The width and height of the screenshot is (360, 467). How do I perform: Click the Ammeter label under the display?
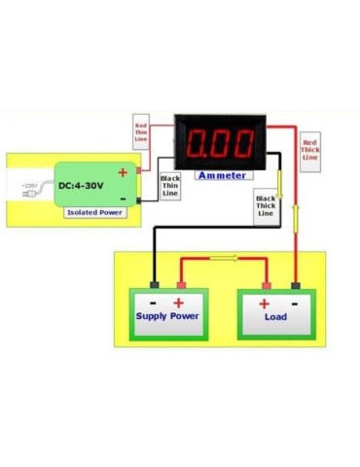tap(221, 175)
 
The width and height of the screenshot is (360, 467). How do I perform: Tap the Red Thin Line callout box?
tap(141, 130)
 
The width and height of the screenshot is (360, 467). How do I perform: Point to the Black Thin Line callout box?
tap(170, 186)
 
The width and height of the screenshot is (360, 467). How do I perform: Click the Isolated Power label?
tap(95, 212)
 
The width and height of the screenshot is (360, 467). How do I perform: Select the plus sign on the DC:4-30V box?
tap(123, 172)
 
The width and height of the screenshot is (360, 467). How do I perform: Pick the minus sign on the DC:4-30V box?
tap(124, 200)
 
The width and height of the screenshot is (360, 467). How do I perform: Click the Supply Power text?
tap(167, 316)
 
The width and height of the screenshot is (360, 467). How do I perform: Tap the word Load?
tap(275, 316)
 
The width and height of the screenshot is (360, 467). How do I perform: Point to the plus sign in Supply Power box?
tap(180, 301)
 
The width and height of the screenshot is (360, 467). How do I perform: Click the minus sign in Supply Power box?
tap(155, 301)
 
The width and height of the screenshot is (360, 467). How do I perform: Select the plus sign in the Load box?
tap(264, 302)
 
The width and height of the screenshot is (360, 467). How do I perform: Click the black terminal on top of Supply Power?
tap(154, 285)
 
